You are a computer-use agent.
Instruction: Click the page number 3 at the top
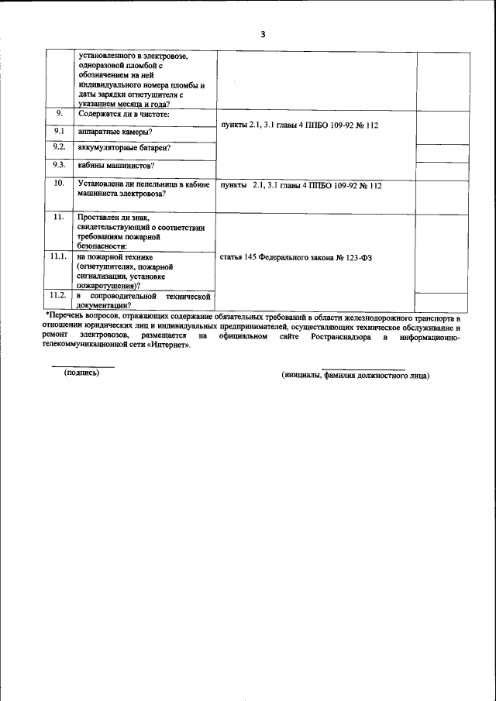263,34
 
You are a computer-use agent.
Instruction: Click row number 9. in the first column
59,114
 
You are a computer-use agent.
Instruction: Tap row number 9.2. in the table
59,146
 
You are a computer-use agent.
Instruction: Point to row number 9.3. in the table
59,164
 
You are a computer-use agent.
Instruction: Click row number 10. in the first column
59,184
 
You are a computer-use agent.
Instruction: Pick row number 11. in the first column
59,218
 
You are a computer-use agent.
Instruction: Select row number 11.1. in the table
59,255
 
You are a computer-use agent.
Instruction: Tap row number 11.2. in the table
59,295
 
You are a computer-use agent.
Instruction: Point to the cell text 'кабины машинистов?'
115,165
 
